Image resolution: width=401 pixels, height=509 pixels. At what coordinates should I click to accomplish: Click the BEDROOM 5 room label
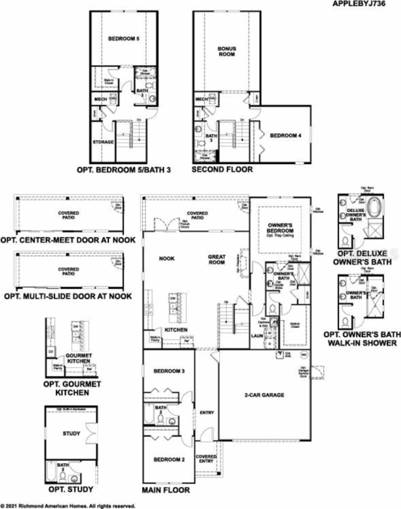124,39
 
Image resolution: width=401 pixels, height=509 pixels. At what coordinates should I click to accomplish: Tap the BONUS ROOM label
227,51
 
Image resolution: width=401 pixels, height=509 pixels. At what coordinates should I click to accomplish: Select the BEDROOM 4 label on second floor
285,136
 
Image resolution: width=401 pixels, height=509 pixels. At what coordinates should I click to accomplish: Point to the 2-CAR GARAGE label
264,395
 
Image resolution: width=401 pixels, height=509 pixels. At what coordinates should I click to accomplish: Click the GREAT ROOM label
217,260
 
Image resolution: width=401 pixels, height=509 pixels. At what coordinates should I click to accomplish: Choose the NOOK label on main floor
167,259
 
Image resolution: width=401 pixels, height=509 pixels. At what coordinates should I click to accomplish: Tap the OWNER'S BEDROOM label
280,228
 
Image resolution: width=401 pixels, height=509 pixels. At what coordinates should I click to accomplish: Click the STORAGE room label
103,142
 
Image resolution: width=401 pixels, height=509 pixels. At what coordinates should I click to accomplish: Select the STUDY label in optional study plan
71,433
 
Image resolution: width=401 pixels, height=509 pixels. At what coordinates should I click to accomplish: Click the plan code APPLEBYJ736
359,4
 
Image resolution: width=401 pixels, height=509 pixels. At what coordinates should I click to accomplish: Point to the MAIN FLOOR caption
166,490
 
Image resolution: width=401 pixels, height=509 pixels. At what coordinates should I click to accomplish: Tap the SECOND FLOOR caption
222,170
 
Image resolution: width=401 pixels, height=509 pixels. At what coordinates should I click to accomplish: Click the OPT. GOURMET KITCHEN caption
72,388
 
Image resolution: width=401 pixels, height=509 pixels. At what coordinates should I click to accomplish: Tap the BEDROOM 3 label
169,371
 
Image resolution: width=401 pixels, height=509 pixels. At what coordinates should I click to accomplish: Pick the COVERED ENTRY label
206,459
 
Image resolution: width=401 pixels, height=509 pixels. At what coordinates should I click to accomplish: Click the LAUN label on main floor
257,336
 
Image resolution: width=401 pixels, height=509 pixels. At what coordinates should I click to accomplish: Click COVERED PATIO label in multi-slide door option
68,271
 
